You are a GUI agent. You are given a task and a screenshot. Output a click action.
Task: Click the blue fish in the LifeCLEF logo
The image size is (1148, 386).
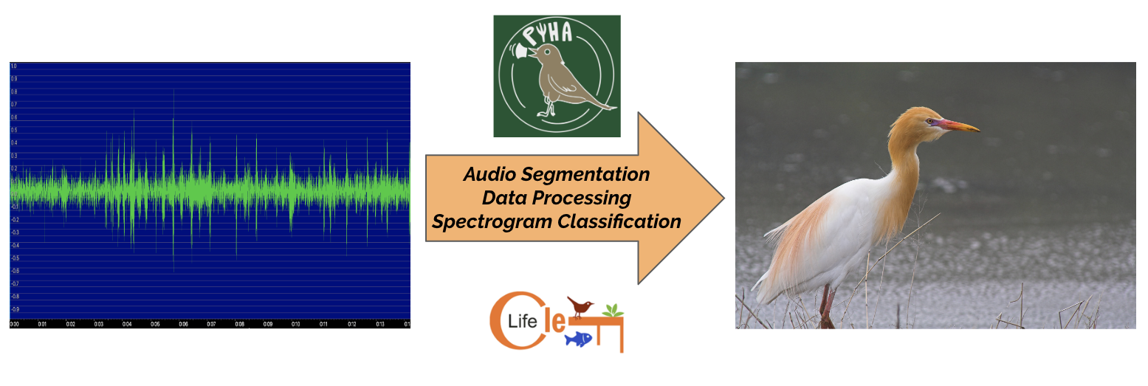point(578,339)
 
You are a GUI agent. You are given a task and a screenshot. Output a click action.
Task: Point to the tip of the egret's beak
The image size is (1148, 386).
point(978,131)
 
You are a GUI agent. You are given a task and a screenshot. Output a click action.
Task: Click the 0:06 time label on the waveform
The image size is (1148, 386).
point(183,324)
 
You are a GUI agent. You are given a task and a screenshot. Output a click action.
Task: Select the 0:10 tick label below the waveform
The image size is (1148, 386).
point(295,324)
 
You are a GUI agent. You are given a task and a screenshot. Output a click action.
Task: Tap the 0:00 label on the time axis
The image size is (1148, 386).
point(15,324)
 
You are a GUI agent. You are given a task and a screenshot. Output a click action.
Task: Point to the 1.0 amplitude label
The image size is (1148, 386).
point(13,66)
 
